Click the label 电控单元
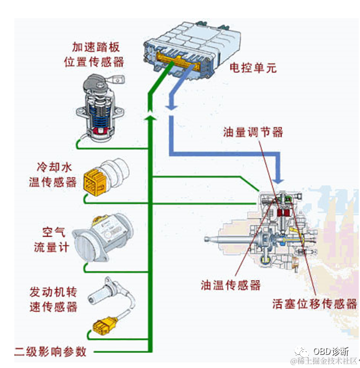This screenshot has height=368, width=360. [251, 68]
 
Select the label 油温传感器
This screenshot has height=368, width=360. [230, 285]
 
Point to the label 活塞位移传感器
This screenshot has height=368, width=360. [315, 304]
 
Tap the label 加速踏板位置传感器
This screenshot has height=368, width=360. [94, 54]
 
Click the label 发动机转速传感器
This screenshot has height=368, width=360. [53, 299]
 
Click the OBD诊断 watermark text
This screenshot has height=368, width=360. [330, 351]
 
